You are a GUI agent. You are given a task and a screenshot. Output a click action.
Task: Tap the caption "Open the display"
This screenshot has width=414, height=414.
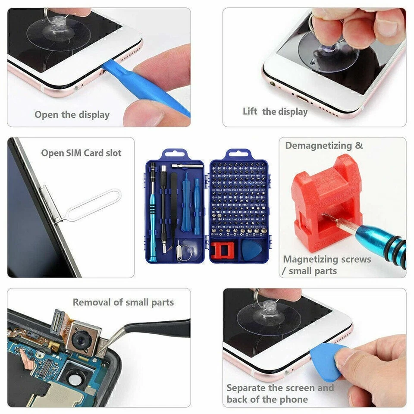click(x=72, y=115)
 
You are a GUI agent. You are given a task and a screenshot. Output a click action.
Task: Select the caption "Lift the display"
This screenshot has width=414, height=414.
click(x=275, y=112)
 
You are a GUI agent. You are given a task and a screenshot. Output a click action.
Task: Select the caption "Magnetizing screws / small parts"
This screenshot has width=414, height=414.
click(x=326, y=265)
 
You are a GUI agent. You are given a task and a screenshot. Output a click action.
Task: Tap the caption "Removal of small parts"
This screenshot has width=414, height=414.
click(x=123, y=302)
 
